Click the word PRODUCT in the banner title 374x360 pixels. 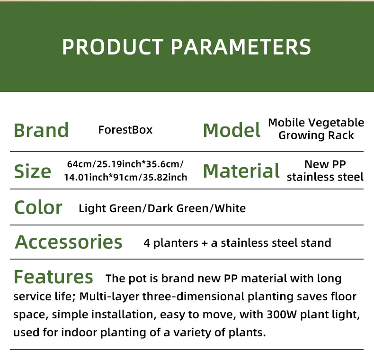(113, 47)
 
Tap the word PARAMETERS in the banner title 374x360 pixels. (241, 47)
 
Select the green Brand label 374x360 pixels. (41, 130)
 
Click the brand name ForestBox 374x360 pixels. (125, 130)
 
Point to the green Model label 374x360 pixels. (232, 130)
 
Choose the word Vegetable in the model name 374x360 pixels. (337, 123)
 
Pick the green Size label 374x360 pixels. (33, 171)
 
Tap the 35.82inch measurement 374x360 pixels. (165, 177)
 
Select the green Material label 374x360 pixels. (241, 171)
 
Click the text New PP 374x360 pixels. (325, 164)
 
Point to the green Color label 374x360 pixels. (38, 207)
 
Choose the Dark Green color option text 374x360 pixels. (178, 208)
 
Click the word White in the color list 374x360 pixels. (230, 208)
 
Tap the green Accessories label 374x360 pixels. (69, 242)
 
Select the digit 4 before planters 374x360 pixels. (147, 243)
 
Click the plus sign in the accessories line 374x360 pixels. (205, 243)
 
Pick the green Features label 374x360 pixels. (53, 277)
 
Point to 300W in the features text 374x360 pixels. (282, 315)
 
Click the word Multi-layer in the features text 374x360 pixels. (109, 297)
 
